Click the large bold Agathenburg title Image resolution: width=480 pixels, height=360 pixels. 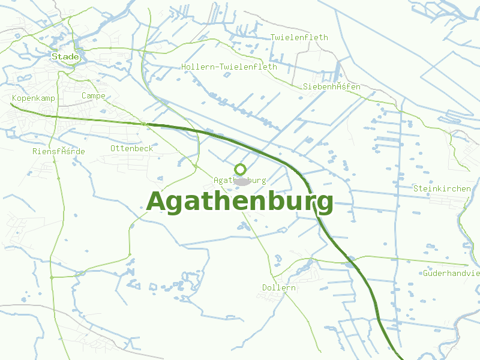coord(239,202)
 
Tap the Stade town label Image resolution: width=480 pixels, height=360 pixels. coord(65,56)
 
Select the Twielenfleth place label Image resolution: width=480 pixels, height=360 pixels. coord(299,37)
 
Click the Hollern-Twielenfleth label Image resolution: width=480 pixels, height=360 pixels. coord(229,67)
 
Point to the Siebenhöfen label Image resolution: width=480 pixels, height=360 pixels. coord(332,87)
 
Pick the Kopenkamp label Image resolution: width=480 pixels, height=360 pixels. coord(34,98)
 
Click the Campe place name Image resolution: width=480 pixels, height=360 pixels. coord(94,96)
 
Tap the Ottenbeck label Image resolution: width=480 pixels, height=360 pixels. coord(132,148)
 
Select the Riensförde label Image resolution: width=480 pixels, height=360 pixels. coord(59,151)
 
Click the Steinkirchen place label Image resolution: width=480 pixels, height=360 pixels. coord(442,188)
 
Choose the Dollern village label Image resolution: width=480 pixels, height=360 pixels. coord(279,288)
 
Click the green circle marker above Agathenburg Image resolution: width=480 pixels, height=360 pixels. coord(241,169)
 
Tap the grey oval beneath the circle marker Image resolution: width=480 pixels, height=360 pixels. coord(242,181)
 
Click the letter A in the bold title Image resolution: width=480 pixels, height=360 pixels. coord(156,202)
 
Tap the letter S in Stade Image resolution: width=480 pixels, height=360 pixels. coord(55,56)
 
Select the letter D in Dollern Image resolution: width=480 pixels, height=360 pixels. coord(265,288)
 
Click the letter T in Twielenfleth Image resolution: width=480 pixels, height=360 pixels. coord(273,37)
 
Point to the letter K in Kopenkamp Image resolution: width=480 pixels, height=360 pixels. coord(14,98)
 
